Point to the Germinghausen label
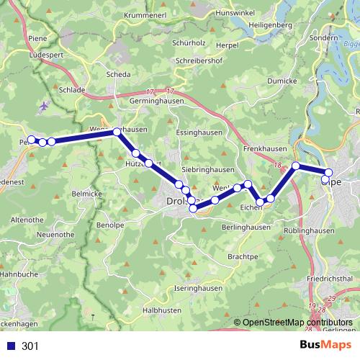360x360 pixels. [141, 103]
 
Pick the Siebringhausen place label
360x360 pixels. [207, 169]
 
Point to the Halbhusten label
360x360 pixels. [162, 310]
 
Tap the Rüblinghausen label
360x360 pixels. [310, 231]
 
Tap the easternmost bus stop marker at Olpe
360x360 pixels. [329, 173]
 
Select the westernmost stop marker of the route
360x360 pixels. [31, 140]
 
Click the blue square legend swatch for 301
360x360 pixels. [11, 346]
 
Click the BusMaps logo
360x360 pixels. [326, 346]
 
